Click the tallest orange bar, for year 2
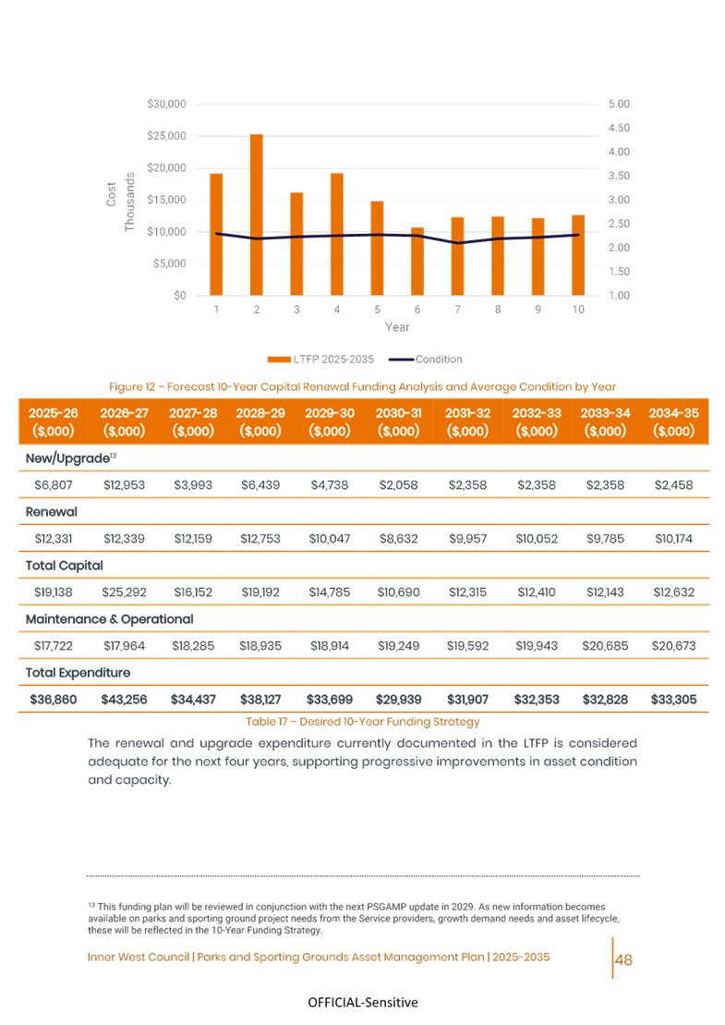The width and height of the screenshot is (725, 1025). (256, 214)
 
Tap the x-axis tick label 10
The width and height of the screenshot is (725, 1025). (578, 310)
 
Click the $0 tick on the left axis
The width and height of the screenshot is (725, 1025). (181, 295)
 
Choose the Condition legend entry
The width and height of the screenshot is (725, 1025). (426, 359)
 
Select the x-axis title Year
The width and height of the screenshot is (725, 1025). (397, 326)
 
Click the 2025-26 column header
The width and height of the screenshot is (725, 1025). (54, 421)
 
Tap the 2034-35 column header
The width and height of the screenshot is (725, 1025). (674, 421)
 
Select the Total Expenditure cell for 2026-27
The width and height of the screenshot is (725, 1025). (124, 700)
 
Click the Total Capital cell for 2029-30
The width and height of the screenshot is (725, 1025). (330, 592)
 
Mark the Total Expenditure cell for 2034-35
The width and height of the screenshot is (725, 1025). (674, 700)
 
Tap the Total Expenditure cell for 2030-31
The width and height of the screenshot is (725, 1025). (399, 700)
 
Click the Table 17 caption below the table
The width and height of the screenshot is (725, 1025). (363, 721)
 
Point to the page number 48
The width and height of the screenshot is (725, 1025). (623, 959)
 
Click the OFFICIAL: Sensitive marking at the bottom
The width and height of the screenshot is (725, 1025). (362, 1003)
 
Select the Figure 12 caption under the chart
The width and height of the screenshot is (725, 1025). (362, 386)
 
